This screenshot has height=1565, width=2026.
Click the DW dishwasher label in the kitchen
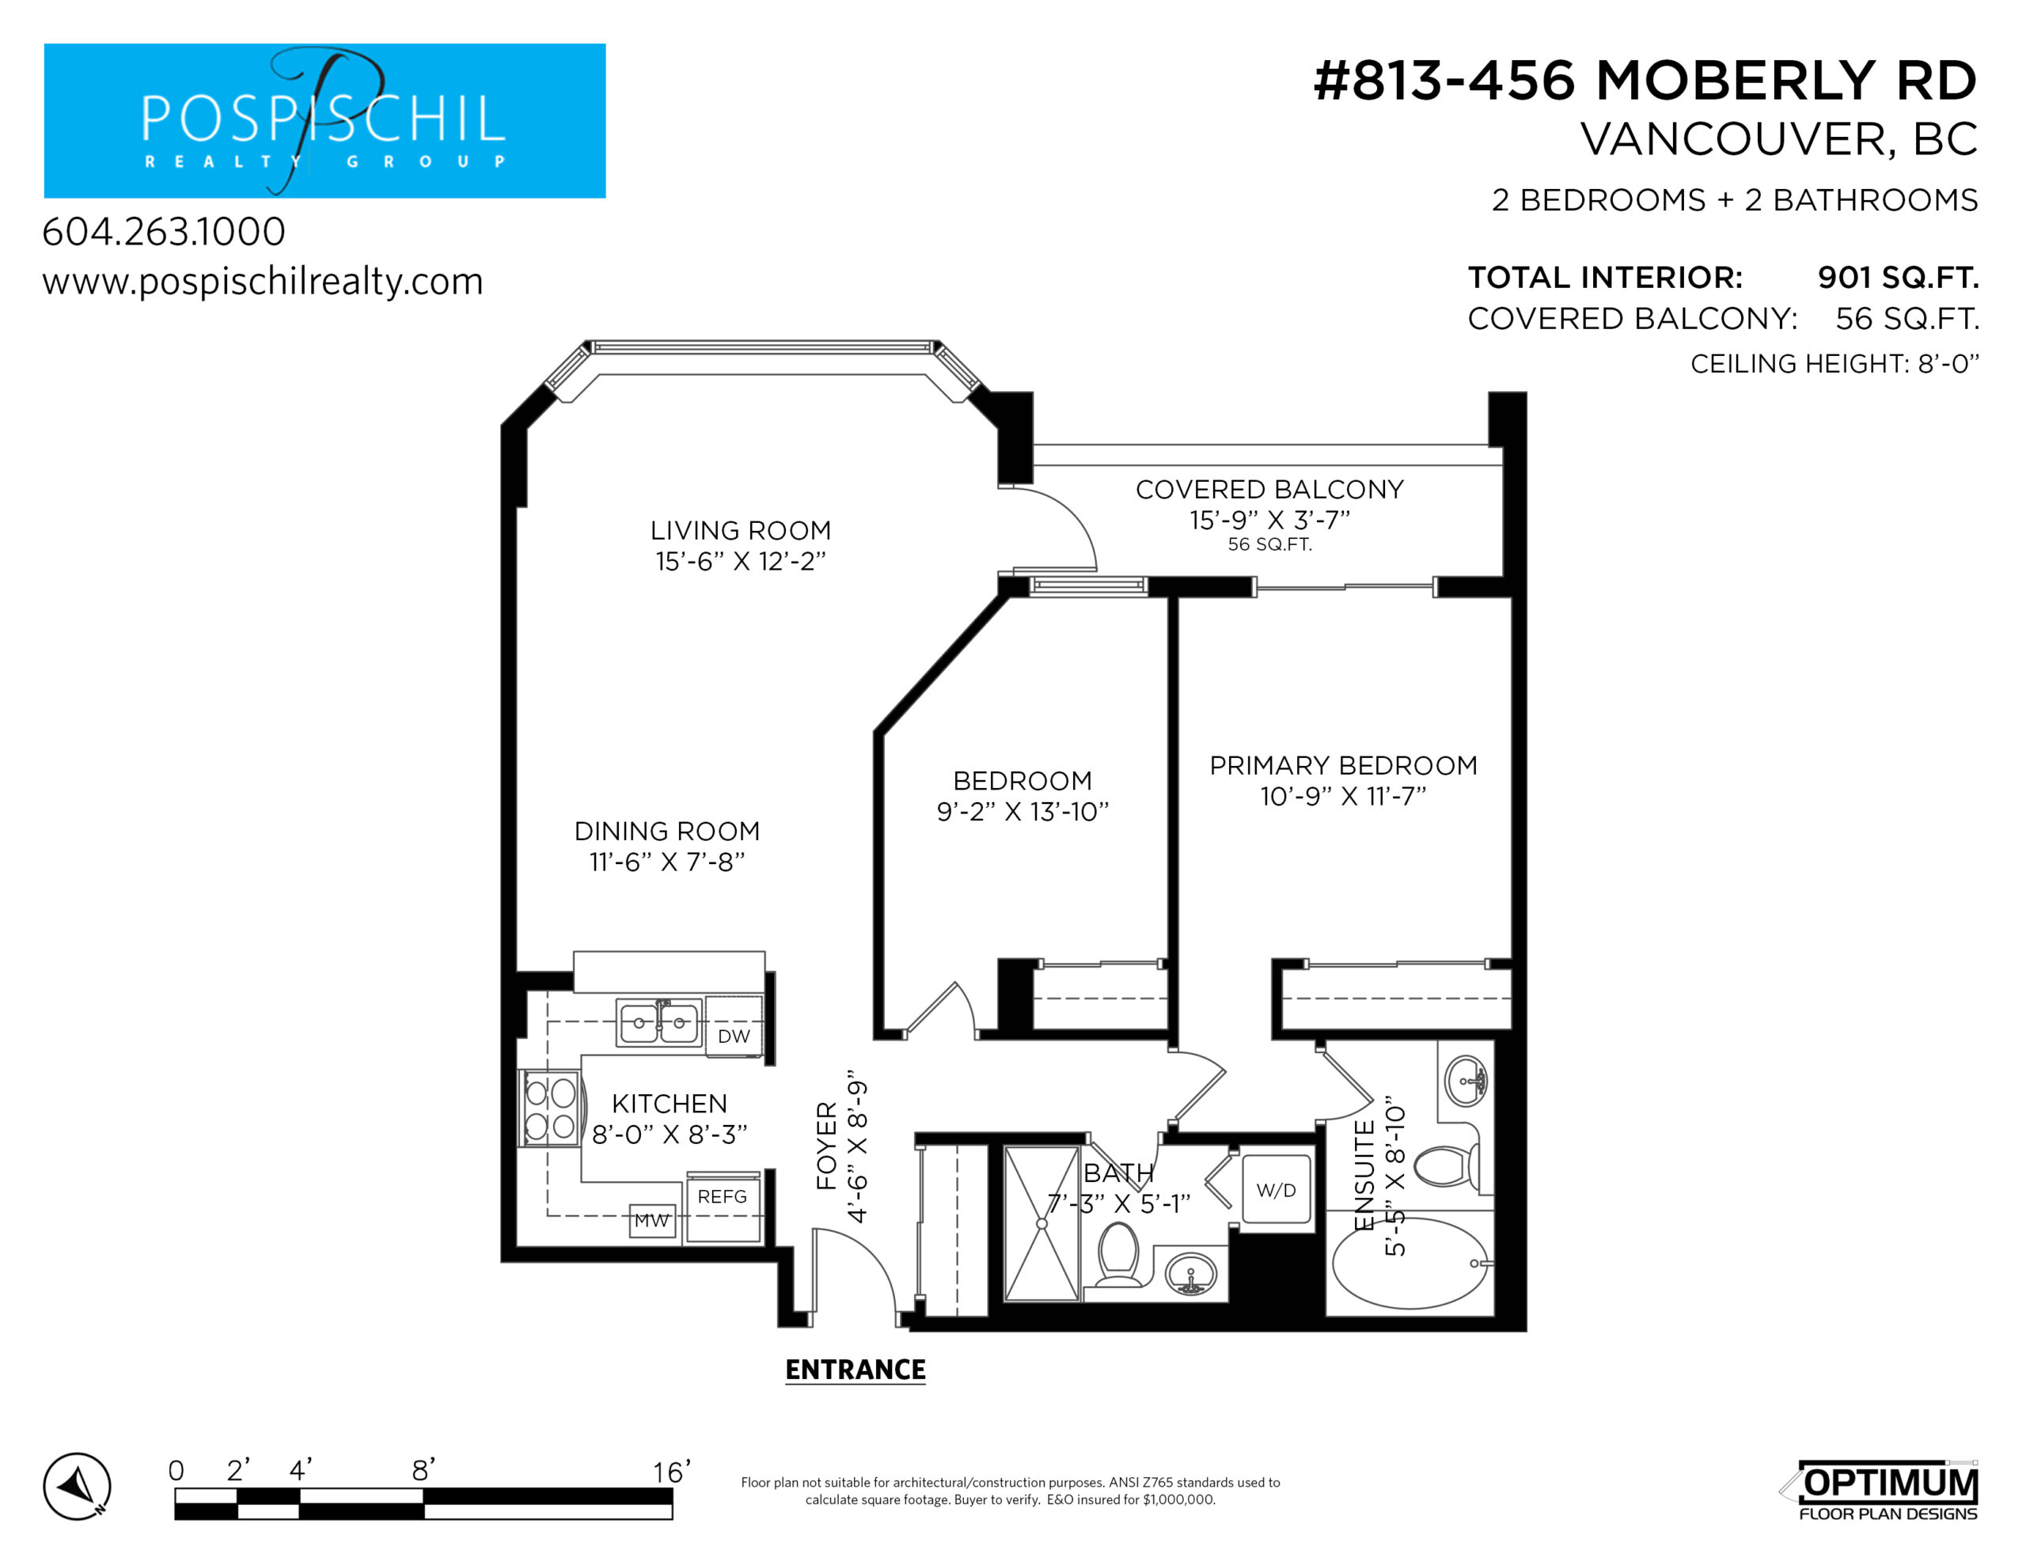(733, 1036)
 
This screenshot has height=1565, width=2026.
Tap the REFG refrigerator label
(722, 1197)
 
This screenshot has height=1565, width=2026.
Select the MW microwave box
(652, 1221)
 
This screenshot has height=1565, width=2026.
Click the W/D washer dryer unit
(1277, 1190)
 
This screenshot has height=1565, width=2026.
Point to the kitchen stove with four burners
(550, 1108)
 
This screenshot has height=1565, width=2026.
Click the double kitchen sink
(658, 1022)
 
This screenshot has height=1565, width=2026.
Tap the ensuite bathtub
(1410, 1263)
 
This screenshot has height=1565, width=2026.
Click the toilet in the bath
(1119, 1254)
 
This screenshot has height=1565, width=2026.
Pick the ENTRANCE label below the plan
(856, 1370)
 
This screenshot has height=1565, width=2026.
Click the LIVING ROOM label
(740, 531)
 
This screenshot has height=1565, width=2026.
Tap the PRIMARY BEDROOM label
(1343, 765)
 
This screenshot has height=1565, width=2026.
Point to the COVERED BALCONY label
(1270, 489)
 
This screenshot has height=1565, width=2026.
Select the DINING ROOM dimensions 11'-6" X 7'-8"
(667, 862)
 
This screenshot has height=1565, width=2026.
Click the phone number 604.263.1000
(164, 231)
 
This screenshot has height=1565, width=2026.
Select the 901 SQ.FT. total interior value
(1898, 278)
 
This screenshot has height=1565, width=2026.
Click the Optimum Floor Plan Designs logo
(1880, 1491)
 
